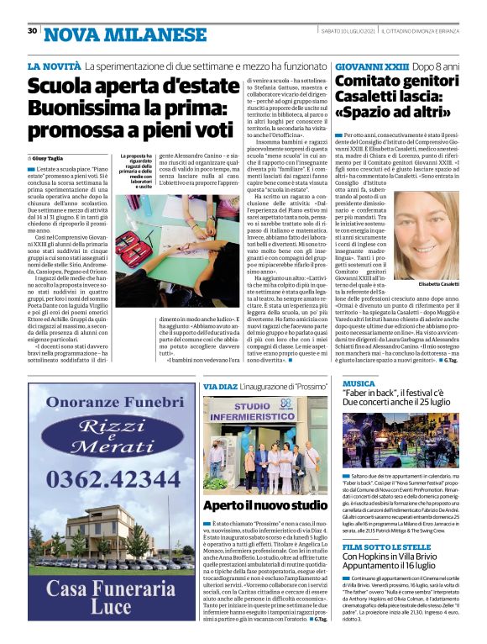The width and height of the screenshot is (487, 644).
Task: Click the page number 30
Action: (32, 31)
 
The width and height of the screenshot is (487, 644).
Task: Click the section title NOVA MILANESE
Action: (113, 34)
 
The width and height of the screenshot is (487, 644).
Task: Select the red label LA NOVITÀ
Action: (55, 66)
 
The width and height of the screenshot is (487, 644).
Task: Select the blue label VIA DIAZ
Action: (221, 386)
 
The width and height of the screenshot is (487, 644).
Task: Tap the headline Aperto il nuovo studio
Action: (257, 505)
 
